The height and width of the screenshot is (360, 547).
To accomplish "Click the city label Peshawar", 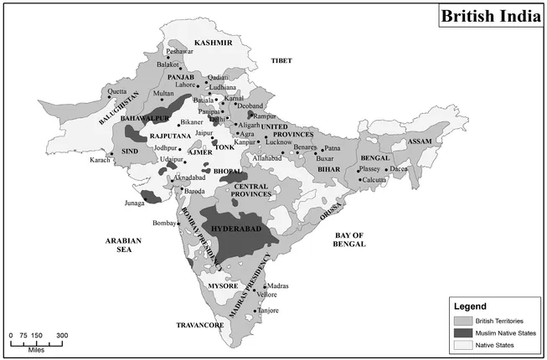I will (179, 52).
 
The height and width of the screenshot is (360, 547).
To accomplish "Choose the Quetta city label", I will (116, 91).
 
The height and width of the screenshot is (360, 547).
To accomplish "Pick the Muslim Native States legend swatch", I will (462, 332).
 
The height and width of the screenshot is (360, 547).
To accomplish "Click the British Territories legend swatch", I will (462, 321).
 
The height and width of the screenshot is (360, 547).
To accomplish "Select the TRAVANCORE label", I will (200, 324).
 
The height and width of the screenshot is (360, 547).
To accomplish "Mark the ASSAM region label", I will (420, 141).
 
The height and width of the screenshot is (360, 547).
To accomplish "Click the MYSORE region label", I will (223, 285).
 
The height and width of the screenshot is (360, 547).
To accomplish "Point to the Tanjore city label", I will (268, 310).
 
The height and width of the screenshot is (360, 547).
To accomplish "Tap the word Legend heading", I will (469, 306).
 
